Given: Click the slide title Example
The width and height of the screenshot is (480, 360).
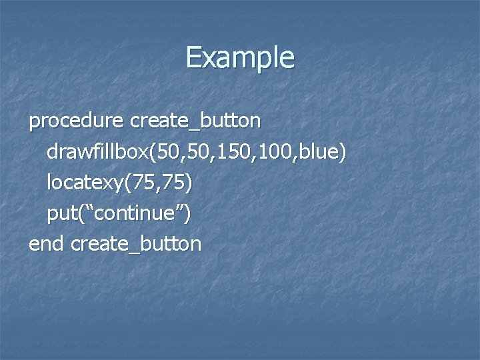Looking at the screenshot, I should pos(239,58).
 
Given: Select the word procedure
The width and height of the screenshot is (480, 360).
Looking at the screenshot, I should pos(76,121).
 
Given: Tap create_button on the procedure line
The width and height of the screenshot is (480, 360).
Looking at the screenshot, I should pos(196,121).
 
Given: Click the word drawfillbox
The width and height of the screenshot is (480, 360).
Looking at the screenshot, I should pos(98,152).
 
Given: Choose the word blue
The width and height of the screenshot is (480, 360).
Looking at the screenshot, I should pos(318,152).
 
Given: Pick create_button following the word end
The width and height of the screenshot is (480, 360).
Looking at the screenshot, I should pos(135,244).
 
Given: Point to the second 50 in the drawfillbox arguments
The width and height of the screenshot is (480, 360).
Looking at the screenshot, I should pos(198,152).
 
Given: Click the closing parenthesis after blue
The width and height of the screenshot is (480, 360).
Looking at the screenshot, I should pos(342,152).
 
